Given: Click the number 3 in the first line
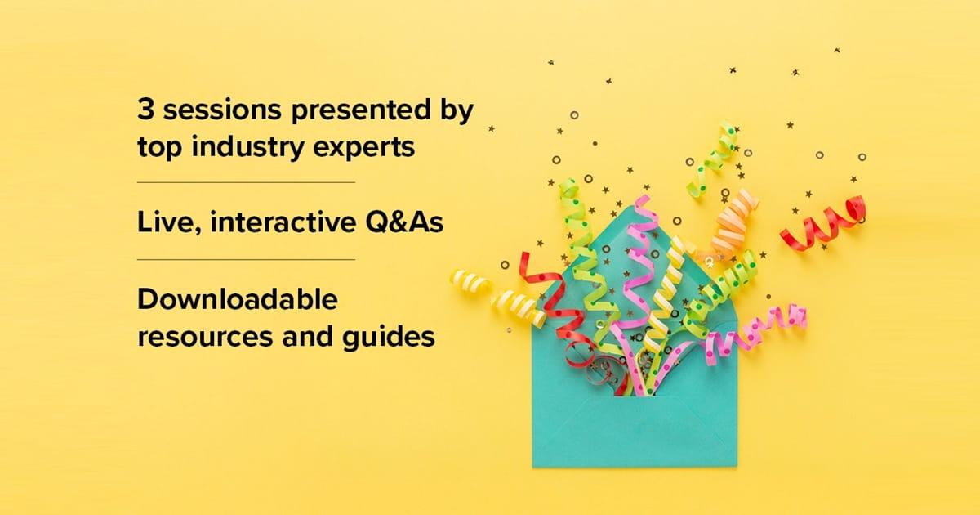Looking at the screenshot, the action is tap(145, 109).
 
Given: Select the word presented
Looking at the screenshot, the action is tap(361, 111).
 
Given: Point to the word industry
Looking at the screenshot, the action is tap(247, 148).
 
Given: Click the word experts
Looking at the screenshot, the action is tap(364, 149).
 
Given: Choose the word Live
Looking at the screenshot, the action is tap(169, 223).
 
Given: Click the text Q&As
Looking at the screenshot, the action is tap(404, 222).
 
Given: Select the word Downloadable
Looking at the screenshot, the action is tap(238, 299).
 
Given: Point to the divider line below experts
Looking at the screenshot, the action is tap(246, 182).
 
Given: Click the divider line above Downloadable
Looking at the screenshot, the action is tap(246, 260).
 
